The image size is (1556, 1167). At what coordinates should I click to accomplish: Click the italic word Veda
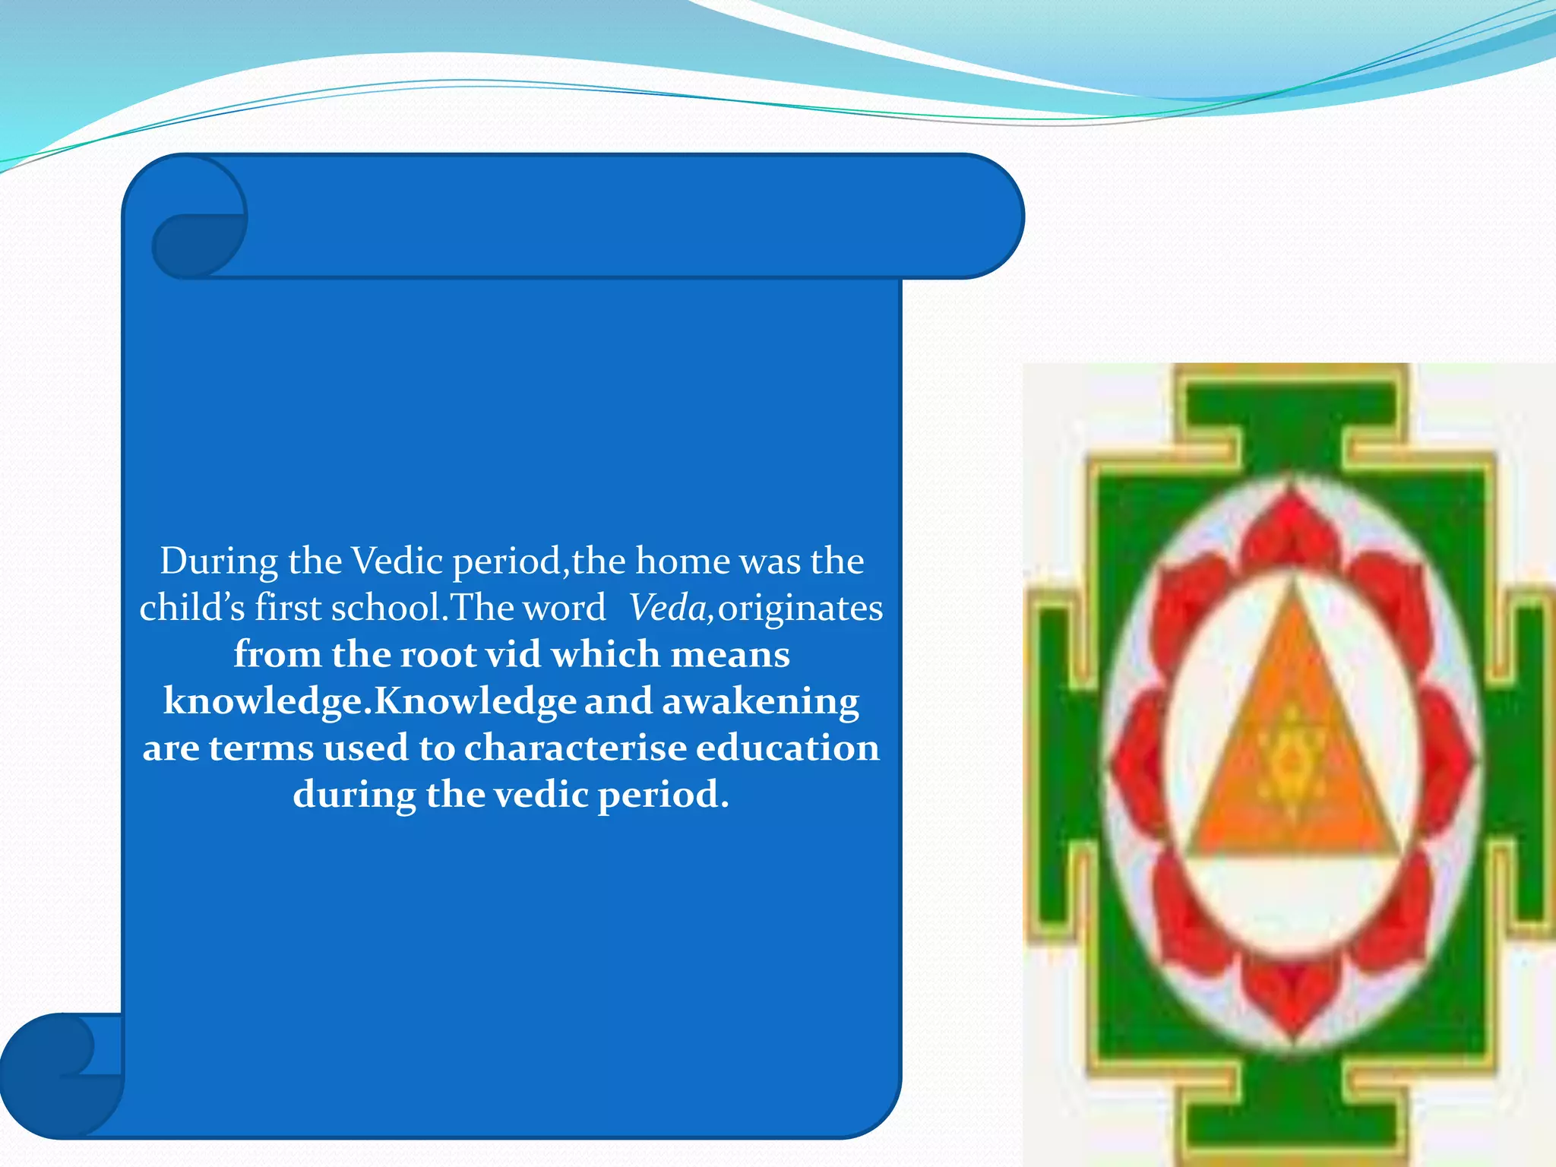[667, 609]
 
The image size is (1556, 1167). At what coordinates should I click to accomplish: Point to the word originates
[800, 609]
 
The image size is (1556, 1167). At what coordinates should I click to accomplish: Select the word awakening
[761, 701]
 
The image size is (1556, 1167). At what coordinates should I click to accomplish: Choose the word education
[788, 748]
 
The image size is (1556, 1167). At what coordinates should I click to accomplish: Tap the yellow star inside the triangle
[1289, 760]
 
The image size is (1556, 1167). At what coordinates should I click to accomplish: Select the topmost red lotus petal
[1291, 524]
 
